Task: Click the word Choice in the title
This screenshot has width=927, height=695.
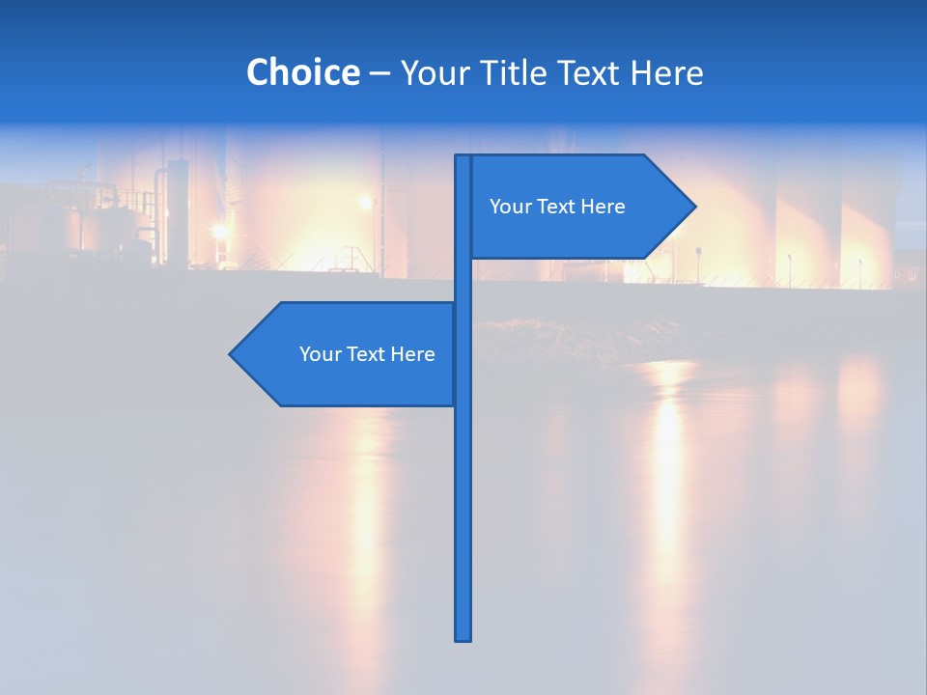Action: point(302,72)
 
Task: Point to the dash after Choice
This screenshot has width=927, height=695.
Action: point(379,73)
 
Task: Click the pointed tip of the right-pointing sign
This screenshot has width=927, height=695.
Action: point(694,206)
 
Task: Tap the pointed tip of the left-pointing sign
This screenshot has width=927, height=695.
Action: point(231,354)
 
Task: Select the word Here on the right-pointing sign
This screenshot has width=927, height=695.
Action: point(603,207)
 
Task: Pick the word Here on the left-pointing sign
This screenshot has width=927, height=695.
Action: point(412,354)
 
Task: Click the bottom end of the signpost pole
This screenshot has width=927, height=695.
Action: point(463,637)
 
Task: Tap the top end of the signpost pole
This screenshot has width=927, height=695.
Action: point(463,157)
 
